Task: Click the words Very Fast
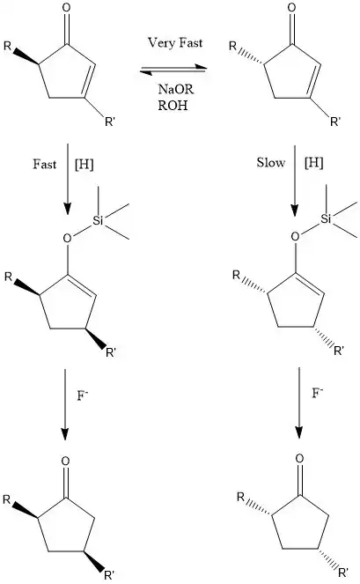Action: (175, 43)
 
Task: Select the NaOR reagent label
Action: (176, 89)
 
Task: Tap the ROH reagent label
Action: (173, 106)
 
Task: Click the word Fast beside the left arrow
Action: (44, 164)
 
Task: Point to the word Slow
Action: (270, 162)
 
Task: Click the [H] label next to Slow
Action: (314, 162)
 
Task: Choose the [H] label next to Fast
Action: (84, 164)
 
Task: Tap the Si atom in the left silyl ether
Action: (98, 221)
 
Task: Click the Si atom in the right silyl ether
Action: (326, 219)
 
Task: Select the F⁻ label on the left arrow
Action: (82, 395)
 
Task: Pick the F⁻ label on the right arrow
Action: (317, 393)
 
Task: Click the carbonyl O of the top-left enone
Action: (66, 8)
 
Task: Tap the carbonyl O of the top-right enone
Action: (292, 8)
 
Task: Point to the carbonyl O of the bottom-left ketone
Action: (65, 462)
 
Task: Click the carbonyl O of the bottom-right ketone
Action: (299, 458)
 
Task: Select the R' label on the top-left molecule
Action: (109, 122)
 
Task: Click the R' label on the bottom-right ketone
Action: (343, 572)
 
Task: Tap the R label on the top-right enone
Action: (232, 46)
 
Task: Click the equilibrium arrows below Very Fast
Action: (173, 70)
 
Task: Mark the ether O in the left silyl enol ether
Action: (67, 238)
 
